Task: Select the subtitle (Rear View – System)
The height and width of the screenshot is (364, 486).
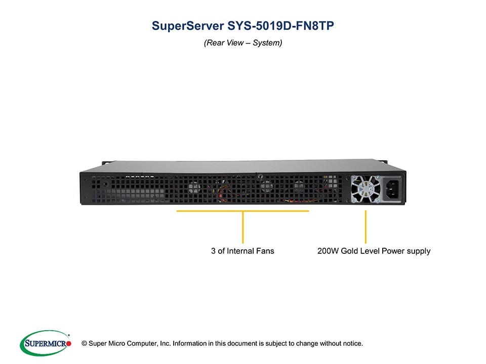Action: coord(243,43)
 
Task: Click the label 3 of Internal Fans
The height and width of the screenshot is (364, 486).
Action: coord(242,251)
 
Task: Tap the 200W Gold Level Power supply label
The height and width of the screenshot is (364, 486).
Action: coord(374,251)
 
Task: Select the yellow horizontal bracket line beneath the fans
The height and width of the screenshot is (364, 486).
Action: coord(242,211)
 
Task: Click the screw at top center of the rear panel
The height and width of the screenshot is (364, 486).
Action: coord(259,177)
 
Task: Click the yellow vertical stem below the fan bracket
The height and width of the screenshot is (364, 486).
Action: coord(243,227)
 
